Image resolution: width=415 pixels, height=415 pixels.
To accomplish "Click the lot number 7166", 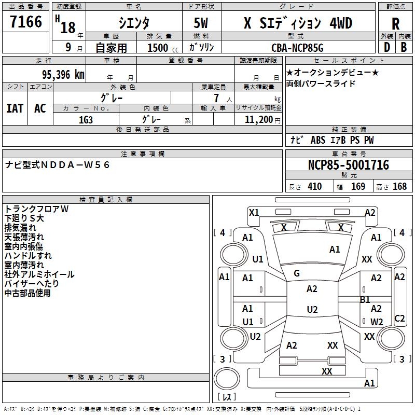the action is click(x=26, y=22).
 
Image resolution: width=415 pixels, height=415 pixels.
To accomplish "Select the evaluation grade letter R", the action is click(x=395, y=23).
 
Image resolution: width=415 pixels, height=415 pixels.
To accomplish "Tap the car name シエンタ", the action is click(x=134, y=23).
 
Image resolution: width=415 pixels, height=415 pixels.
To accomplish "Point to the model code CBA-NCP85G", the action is click(x=297, y=48).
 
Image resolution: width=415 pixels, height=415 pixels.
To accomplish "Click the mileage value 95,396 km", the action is click(x=59, y=74).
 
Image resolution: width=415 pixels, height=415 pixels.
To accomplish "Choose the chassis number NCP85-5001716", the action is click(x=349, y=165).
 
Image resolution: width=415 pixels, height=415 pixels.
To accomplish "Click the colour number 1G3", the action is click(x=86, y=119).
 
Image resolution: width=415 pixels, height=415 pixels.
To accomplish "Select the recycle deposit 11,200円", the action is click(x=262, y=119).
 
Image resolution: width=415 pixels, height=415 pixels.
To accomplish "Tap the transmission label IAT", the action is click(x=15, y=108).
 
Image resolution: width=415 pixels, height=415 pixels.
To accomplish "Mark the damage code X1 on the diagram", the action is click(x=254, y=212).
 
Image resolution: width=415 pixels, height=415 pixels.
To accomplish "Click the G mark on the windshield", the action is click(x=297, y=273).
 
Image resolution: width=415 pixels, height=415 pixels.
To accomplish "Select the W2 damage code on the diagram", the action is click(x=377, y=322).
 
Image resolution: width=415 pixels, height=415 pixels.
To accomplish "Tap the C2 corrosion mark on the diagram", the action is click(x=399, y=319).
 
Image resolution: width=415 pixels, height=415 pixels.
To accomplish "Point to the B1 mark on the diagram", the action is click(x=365, y=300).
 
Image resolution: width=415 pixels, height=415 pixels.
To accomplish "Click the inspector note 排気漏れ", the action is click(x=20, y=228).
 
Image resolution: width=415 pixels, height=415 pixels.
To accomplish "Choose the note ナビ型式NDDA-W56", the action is click(x=58, y=165).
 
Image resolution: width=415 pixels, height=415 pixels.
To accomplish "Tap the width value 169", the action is click(x=358, y=187).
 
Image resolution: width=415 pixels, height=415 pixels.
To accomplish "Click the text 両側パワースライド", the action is click(x=321, y=84).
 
